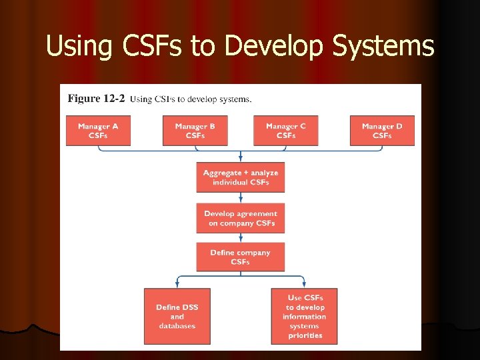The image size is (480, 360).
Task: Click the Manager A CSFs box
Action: tap(98, 131)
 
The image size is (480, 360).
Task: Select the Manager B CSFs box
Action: tap(195, 131)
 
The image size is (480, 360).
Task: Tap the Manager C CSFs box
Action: tap(286, 131)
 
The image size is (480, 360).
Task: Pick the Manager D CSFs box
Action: tap(382, 131)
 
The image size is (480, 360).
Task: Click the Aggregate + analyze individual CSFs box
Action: tap(240, 177)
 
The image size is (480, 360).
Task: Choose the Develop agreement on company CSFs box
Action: tap(240, 218)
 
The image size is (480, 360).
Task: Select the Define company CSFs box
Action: tap(240, 257)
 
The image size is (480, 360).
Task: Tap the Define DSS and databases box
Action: tap(177, 316)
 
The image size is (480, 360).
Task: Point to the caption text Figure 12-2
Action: tap(96, 99)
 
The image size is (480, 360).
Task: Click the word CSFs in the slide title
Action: tap(152, 46)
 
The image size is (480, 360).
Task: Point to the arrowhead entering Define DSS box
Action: tap(177, 285)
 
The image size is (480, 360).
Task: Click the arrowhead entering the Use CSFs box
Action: tap(305, 285)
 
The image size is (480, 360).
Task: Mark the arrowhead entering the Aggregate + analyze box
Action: tap(240, 159)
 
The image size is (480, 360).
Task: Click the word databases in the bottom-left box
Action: tap(177, 326)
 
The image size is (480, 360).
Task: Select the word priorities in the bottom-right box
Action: tap(305, 335)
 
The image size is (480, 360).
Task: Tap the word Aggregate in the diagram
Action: tap(222, 173)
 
